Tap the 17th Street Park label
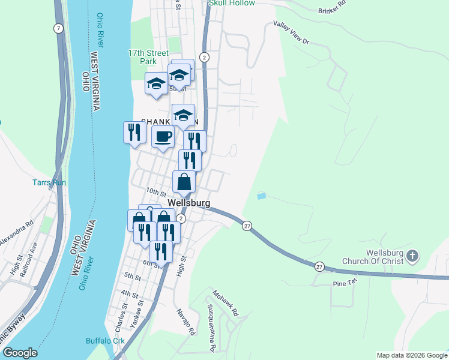pos(142,57)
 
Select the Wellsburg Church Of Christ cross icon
pos(412,256)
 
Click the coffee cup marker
pos(163,137)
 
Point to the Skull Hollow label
pos(232,3)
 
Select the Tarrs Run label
pos(49,182)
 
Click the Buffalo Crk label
pos(104,341)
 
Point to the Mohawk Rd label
pos(226,304)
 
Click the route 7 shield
pos(58,29)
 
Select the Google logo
pos(19,353)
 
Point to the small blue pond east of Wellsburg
pos(261,196)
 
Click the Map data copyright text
pos(411,355)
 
